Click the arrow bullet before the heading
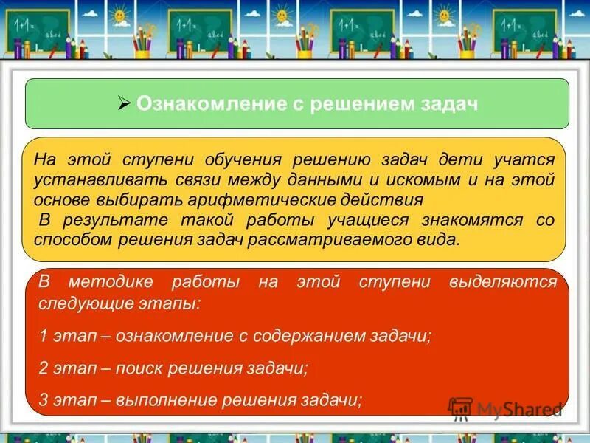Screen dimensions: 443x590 124,103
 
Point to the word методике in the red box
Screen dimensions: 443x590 111,283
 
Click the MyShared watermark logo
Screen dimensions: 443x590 505,409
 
